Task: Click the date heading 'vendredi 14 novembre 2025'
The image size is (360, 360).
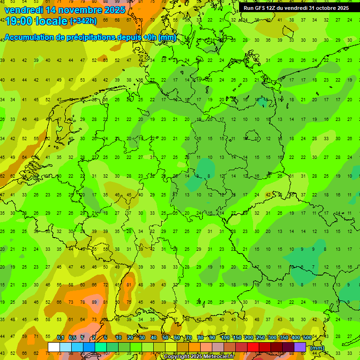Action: pyautogui.click(x=65, y=10)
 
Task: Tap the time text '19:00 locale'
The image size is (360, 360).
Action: pyautogui.click(x=36, y=21)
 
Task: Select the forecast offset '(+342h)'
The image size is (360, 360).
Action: pyautogui.click(x=83, y=21)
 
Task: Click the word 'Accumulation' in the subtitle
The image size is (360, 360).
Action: pyautogui.click(x=32, y=38)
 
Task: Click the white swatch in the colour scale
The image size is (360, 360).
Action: pyautogui.click(x=54, y=347)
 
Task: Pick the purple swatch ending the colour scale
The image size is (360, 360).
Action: pyautogui.click(x=300, y=347)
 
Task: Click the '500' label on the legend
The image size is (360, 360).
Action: pyautogui.click(x=307, y=337)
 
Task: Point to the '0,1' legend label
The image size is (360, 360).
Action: pyautogui.click(x=60, y=337)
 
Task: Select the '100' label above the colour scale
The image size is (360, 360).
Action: pyautogui.click(x=225, y=337)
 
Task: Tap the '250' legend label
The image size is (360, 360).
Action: pyautogui.click(x=260, y=337)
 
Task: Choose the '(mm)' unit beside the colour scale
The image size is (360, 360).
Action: pyautogui.click(x=317, y=348)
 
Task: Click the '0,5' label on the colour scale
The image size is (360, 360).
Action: pyautogui.click(x=72, y=337)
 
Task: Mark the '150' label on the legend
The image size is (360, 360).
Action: pyautogui.click(x=237, y=337)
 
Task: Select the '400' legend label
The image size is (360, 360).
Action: pyautogui.click(x=295, y=337)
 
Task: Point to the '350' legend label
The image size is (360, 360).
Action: pyautogui.click(x=284, y=337)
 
